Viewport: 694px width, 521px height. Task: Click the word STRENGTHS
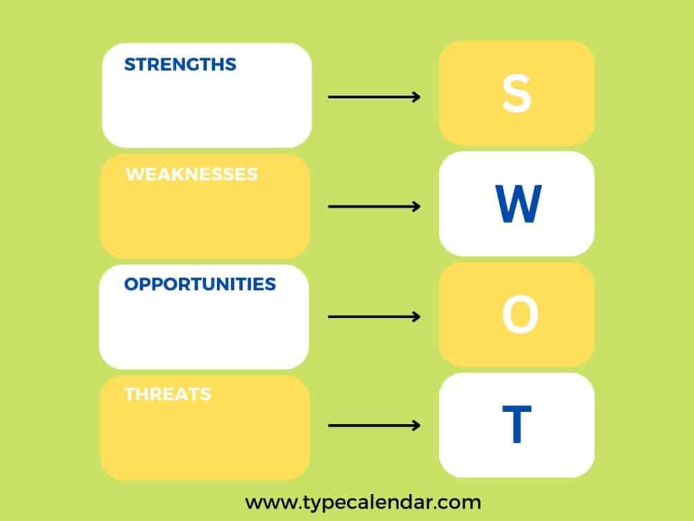point(180,64)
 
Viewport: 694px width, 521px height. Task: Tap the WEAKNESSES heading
point(192,174)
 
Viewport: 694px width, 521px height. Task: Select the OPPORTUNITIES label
point(200,284)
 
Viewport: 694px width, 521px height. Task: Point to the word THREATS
point(167,394)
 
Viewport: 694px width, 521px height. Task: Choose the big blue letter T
point(516,425)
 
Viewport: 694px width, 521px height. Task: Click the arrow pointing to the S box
point(374,97)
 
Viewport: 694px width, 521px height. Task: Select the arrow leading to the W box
point(374,206)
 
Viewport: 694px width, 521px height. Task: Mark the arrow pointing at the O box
point(374,317)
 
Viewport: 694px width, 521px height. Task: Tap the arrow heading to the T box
point(374,426)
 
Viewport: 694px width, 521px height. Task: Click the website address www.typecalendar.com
point(363,503)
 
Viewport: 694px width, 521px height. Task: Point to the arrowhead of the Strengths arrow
point(416,97)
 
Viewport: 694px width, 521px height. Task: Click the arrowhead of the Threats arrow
point(416,426)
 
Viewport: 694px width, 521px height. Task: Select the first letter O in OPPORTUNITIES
point(131,284)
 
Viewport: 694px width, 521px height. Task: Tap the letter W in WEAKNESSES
point(135,174)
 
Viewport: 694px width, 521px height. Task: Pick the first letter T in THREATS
point(130,394)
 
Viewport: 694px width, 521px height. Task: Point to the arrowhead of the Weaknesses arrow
point(416,206)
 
